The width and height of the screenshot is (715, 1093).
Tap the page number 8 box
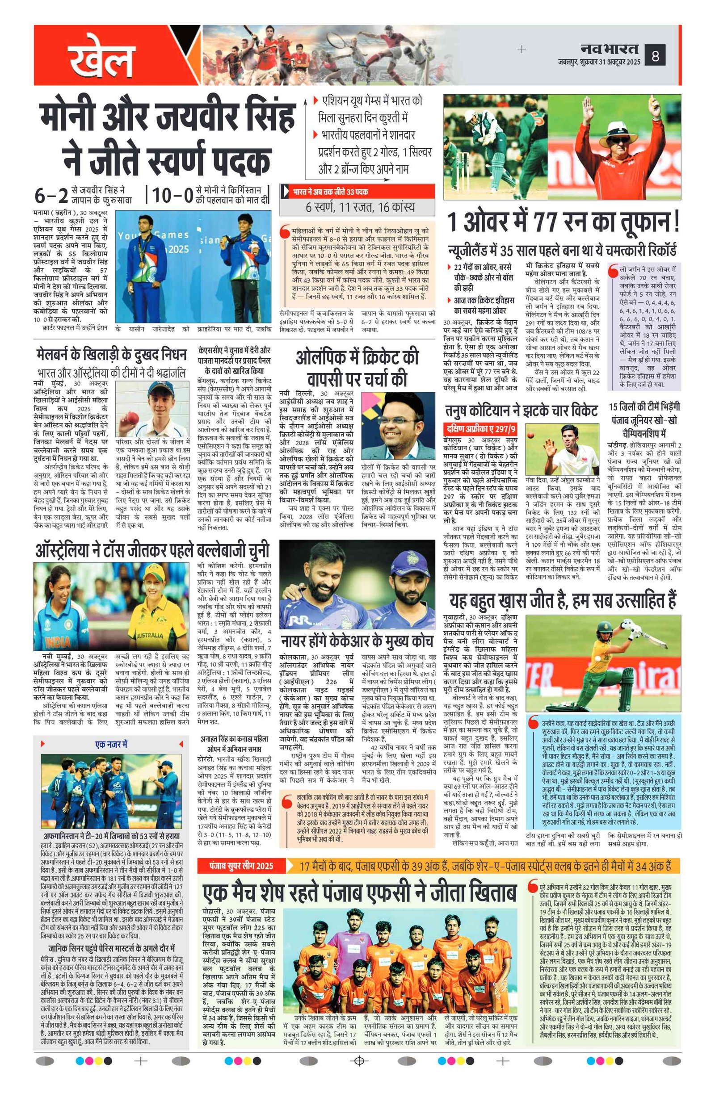tap(655, 56)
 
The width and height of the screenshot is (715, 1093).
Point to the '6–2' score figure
tap(51, 195)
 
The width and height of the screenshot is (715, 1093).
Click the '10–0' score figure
tap(172, 195)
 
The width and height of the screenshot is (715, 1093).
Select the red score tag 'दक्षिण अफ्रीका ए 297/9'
tap(480, 429)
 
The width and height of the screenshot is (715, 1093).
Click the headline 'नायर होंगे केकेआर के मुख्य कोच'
tap(357, 640)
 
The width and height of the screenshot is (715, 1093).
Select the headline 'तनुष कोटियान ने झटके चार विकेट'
tap(521, 410)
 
